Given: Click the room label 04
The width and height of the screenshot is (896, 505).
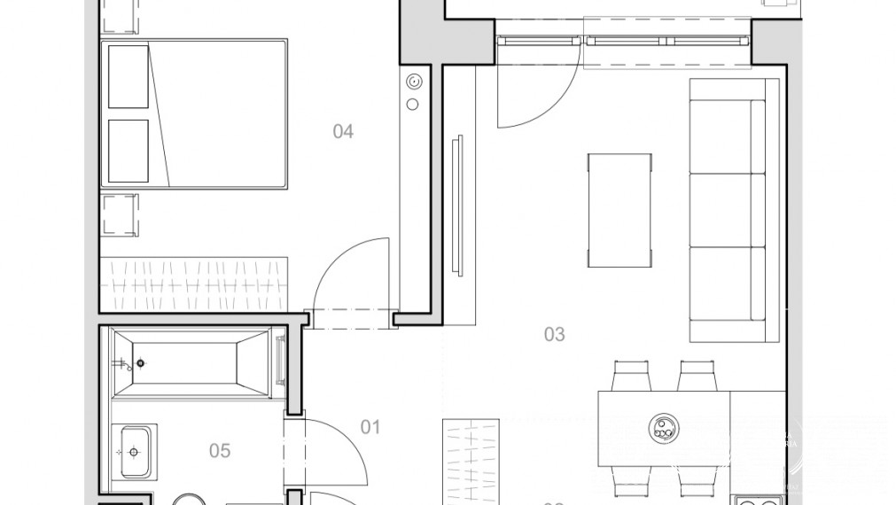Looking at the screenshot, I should tap(343, 132).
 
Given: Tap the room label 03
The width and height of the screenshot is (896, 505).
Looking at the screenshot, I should tap(554, 334).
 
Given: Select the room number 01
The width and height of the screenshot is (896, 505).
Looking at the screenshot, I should tap(370, 427).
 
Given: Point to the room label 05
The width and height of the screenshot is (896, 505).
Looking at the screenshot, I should tap(219, 451).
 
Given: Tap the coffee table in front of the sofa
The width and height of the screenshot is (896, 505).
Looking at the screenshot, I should tap(620, 210).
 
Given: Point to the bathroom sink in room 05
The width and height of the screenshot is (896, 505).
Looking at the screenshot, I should tap(134, 451).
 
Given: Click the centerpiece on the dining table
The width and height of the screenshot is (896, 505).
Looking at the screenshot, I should tap(661, 428).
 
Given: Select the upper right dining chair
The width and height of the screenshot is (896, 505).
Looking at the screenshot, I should tap(697, 376).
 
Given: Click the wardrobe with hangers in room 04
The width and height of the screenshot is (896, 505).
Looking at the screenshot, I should tap(195, 276).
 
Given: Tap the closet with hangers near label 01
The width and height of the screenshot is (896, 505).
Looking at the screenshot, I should tap(471, 461).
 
